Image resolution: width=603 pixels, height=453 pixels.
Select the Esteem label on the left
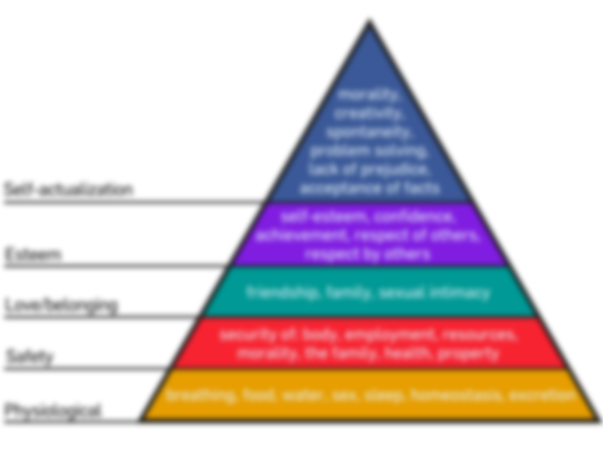[x=34, y=253]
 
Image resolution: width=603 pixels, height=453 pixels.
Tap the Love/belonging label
[x=61, y=304]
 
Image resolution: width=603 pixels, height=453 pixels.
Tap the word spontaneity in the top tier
[x=369, y=133]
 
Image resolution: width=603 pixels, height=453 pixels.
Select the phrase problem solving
[x=369, y=151]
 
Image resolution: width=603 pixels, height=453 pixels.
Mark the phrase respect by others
[x=367, y=254]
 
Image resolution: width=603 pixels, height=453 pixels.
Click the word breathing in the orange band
[x=198, y=395]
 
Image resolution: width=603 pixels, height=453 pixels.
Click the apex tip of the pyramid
[x=370, y=18]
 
